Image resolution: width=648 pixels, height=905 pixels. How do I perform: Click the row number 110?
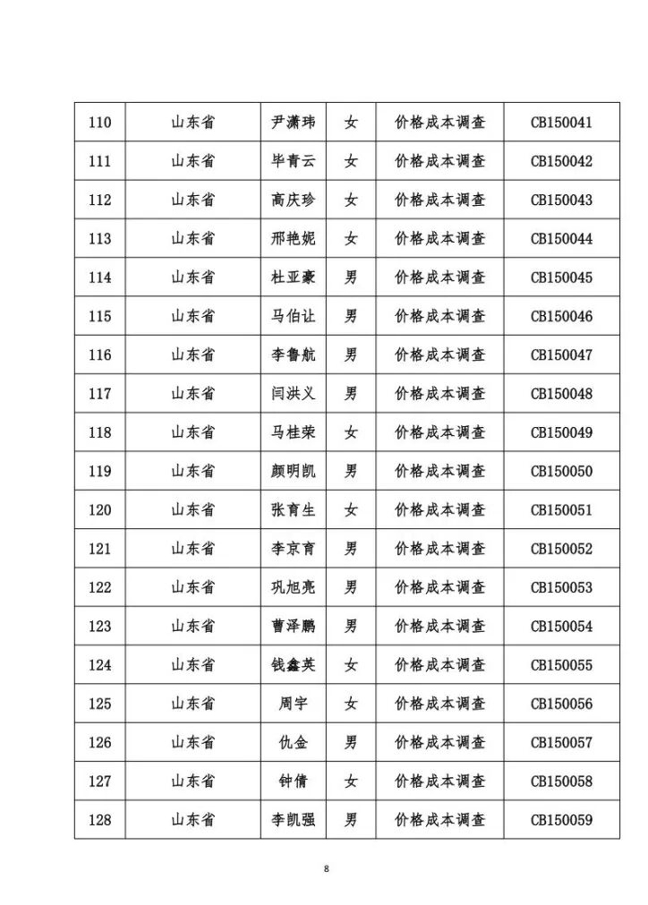(x=100, y=123)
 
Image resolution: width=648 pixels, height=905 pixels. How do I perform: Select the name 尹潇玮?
(x=294, y=123)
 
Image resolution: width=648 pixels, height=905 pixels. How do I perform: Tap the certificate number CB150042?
(x=561, y=161)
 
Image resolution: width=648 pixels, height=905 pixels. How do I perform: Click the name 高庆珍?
(x=294, y=200)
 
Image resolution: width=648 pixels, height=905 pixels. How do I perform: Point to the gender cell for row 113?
(x=351, y=239)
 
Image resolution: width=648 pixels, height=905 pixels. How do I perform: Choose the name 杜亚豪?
(x=294, y=277)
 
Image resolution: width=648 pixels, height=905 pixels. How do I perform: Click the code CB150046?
(x=561, y=316)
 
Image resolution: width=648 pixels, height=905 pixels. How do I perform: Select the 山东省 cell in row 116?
(x=193, y=355)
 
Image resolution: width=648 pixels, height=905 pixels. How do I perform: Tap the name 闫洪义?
(x=294, y=394)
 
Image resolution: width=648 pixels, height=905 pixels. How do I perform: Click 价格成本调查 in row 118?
(x=439, y=432)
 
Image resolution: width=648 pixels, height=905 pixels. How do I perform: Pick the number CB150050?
(x=561, y=471)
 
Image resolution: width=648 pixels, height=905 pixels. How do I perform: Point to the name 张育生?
(x=294, y=510)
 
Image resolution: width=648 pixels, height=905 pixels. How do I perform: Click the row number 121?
(x=100, y=549)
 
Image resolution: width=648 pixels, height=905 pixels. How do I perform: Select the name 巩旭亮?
(x=294, y=587)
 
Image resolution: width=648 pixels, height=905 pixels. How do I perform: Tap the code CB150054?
(x=561, y=627)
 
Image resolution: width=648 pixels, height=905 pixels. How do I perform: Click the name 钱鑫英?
(x=294, y=665)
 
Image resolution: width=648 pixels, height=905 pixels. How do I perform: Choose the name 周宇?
(x=294, y=704)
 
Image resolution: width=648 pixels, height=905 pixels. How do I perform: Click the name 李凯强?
(x=294, y=820)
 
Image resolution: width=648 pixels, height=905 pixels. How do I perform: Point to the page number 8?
(x=327, y=868)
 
